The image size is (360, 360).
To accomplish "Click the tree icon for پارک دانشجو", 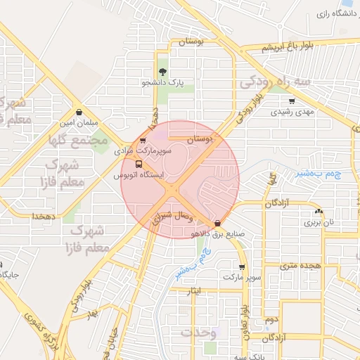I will click(x=163, y=72).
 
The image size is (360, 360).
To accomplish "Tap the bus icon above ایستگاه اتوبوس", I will click(x=138, y=164).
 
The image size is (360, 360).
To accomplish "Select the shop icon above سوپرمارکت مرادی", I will click(x=143, y=140).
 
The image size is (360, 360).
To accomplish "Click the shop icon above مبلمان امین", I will click(x=78, y=112).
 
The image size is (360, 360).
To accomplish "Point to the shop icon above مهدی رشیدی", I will click(x=292, y=101).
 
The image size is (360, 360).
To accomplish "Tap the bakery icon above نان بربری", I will click(x=319, y=212).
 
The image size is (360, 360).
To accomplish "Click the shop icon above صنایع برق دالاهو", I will click(x=216, y=224).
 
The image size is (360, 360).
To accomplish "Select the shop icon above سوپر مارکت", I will click(x=243, y=266).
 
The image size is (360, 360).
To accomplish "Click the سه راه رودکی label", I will click(x=275, y=82).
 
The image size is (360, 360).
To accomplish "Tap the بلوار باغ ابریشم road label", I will click(x=285, y=48).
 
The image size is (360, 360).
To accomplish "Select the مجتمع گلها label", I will click(x=78, y=140).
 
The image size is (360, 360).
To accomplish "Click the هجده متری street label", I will click(x=300, y=265).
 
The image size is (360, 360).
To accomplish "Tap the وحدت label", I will click(x=204, y=333).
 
